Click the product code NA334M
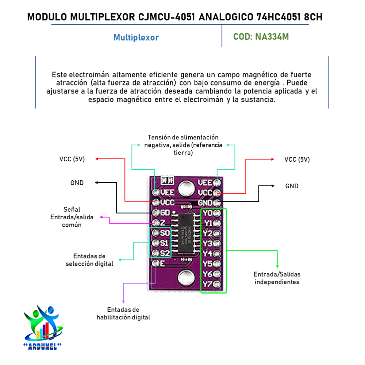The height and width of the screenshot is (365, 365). tap(261, 37)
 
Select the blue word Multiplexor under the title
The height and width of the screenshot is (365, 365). tap(136, 37)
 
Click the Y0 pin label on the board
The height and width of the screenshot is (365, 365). tap(208, 213)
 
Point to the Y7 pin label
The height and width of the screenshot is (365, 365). tap(208, 284)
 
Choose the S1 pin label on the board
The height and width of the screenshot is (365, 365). tap(165, 243)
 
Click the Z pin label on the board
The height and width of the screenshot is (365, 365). tap(163, 222)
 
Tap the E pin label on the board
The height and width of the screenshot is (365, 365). tap(163, 263)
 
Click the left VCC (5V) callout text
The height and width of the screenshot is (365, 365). tap(72, 159)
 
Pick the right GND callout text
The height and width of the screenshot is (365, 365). tap(292, 186)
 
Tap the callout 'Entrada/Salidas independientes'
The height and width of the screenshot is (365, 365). tap(277, 278)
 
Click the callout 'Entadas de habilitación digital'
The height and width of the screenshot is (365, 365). tap(123, 314)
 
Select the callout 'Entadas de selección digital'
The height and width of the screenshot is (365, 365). tap(89, 260)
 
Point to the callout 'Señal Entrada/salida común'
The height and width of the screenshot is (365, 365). tap(72, 217)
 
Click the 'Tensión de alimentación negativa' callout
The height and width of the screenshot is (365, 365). tap(183, 145)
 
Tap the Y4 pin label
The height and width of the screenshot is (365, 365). tap(208, 253)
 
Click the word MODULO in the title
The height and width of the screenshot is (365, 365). tap(47, 17)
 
